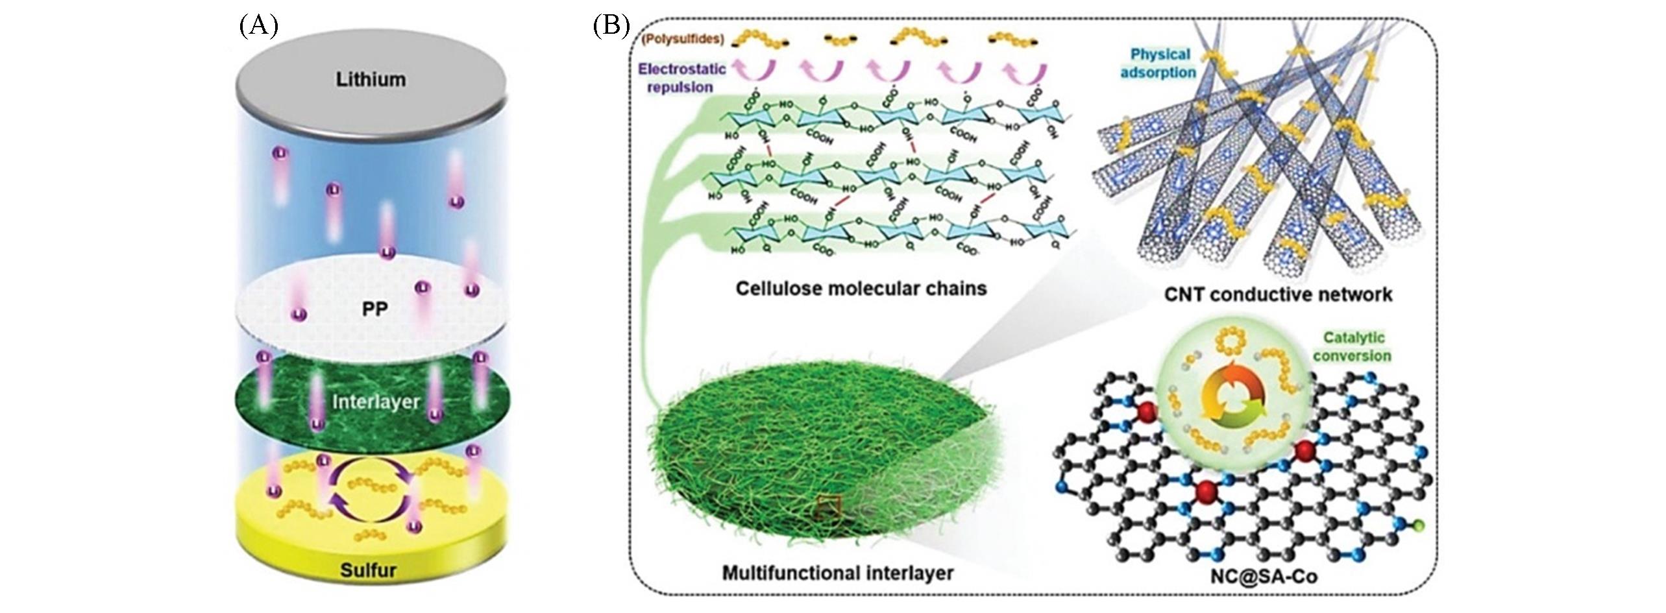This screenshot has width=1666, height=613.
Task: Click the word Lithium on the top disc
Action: pos(371,80)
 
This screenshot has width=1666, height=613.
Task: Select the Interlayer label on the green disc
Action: pos(376,402)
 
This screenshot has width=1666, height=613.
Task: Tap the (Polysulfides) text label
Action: pos(681,39)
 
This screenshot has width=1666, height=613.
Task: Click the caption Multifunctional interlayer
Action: pos(837,573)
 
